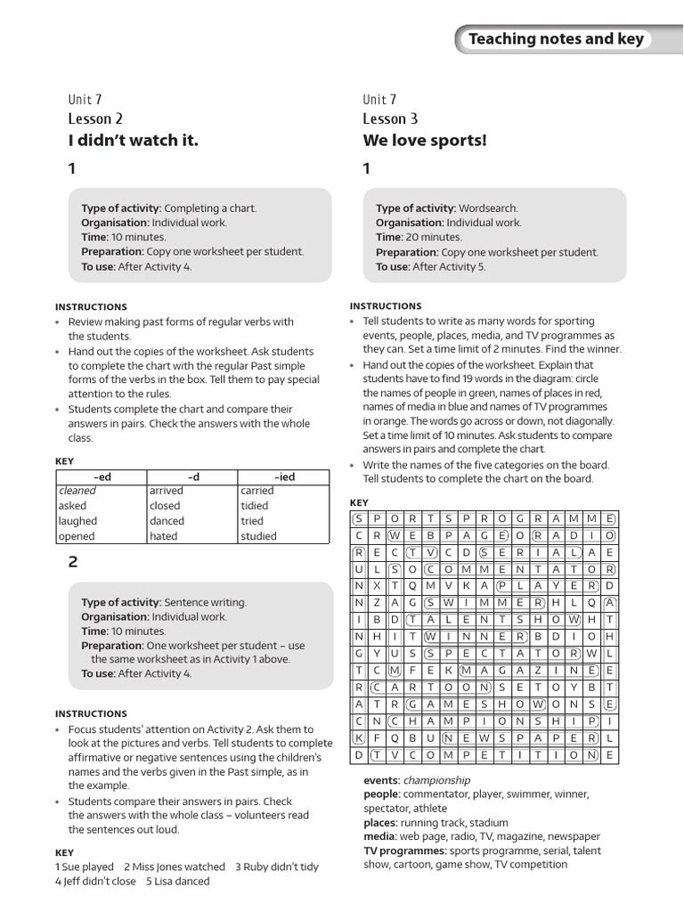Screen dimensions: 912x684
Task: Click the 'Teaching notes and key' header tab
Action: pyautogui.click(x=555, y=39)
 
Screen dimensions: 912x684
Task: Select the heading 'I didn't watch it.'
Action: pyautogui.click(x=133, y=140)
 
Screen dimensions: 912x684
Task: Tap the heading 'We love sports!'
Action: pyautogui.click(x=425, y=140)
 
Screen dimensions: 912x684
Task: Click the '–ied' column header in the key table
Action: pyautogui.click(x=285, y=476)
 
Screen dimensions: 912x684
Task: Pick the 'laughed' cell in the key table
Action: pyautogui.click(x=77, y=521)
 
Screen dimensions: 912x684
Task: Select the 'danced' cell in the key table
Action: pyautogui.click(x=167, y=521)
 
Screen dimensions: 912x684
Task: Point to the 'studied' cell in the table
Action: pyautogui.click(x=258, y=536)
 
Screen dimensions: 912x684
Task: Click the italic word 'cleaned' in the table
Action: pyautogui.click(x=77, y=491)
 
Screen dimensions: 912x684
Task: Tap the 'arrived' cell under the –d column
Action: pyautogui.click(x=167, y=491)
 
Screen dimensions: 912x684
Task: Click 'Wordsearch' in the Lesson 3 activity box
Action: pyautogui.click(x=490, y=208)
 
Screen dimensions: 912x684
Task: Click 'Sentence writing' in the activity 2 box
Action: pyautogui.click(x=206, y=602)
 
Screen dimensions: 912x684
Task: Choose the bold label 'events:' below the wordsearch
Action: pyautogui.click(x=381, y=780)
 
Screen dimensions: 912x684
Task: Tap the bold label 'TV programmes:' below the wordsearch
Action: pyautogui.click(x=404, y=851)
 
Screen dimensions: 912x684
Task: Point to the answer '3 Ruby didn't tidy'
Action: pyautogui.click(x=276, y=867)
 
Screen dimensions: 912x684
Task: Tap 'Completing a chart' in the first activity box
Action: pyautogui.click(x=210, y=208)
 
